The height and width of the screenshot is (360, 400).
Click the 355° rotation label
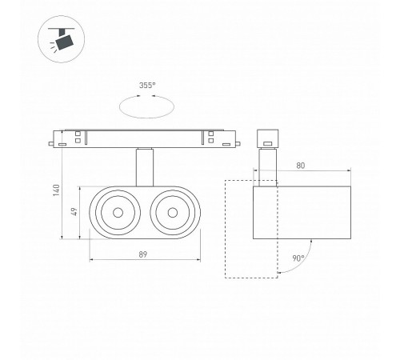coord(147,86)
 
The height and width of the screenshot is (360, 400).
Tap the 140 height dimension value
coord(57,190)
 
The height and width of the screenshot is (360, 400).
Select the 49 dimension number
coord(74,212)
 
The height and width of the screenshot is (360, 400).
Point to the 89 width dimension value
coord(143,254)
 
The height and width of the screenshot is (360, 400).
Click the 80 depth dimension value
coord(301,166)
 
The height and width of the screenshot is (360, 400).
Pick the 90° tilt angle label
coord(298,258)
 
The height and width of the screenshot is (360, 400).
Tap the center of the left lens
coord(118,213)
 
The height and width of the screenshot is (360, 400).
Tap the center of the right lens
coord(173,213)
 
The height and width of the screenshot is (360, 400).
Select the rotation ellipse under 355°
coord(146,118)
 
